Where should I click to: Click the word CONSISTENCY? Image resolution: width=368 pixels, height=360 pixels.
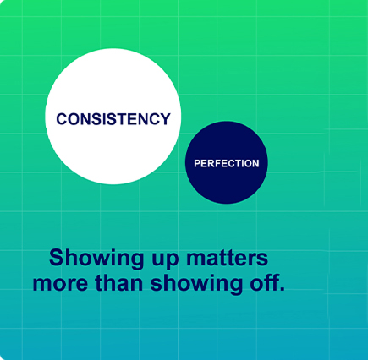[113, 119]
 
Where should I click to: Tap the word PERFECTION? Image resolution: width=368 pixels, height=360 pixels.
[227, 163]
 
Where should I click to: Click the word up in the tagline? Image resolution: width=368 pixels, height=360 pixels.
[165, 260]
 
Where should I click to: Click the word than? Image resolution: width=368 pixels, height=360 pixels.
[118, 282]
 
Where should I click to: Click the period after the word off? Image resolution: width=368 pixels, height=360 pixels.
[281, 288]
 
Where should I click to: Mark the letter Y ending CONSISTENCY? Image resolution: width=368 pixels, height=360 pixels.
[166, 119]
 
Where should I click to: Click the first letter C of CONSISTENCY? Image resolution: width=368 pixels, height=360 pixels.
[62, 119]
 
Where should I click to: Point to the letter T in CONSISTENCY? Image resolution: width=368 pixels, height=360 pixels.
[123, 119]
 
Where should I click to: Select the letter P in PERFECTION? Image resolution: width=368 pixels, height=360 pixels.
[197, 163]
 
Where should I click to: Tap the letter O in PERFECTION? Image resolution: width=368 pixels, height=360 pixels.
[248, 163]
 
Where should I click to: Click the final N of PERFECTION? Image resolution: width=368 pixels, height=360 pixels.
[256, 163]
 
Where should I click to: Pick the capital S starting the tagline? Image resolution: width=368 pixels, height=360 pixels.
[56, 258]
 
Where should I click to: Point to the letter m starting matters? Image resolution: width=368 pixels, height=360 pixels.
[196, 259]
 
